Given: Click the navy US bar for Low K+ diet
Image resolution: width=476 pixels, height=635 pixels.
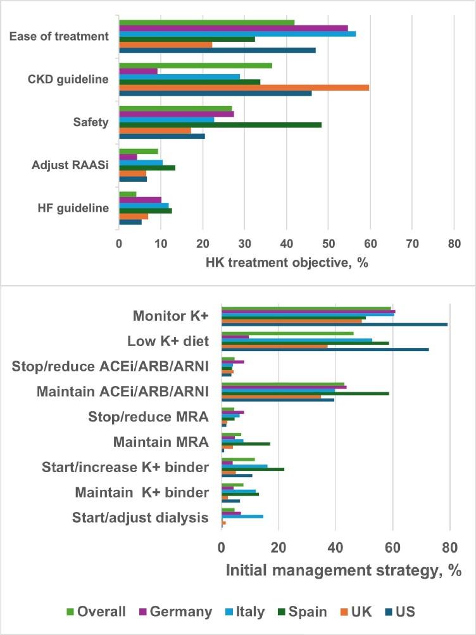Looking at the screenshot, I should coord(325,349).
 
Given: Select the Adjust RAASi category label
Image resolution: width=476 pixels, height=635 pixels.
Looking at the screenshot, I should coord(70,165).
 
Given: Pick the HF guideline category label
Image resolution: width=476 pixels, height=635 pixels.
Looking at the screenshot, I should coord(72,208).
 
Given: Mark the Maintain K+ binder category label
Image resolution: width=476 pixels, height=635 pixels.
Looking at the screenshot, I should coord(142,492).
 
